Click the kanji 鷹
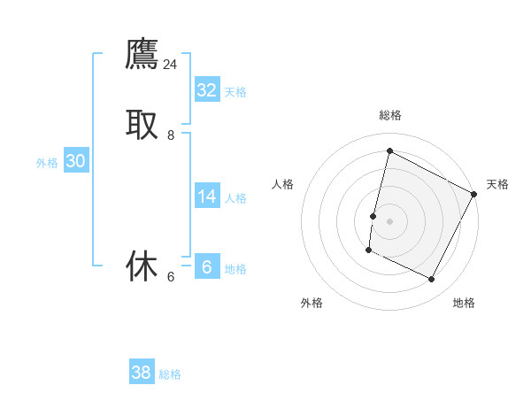pyautogui.click(x=142, y=53)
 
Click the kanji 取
pyautogui.click(x=142, y=124)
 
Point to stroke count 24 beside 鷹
pyautogui.click(x=171, y=64)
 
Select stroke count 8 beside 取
pyautogui.click(x=171, y=135)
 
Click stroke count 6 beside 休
pyautogui.click(x=171, y=277)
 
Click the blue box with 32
pyautogui.click(x=207, y=90)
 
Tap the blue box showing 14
pyautogui.click(x=207, y=196)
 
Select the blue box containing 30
pyautogui.click(x=76, y=161)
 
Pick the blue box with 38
pyautogui.click(x=142, y=373)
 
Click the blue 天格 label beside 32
pyautogui.click(x=235, y=92)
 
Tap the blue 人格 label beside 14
pyautogui.click(x=235, y=198)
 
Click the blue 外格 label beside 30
pyautogui.click(x=47, y=163)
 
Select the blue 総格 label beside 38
pyautogui.click(x=170, y=374)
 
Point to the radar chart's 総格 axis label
pyautogui.click(x=389, y=115)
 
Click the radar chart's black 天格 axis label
pyautogui.click(x=497, y=184)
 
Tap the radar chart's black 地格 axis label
pyautogui.click(x=464, y=303)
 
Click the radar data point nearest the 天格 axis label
pyautogui.click(x=474, y=194)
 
